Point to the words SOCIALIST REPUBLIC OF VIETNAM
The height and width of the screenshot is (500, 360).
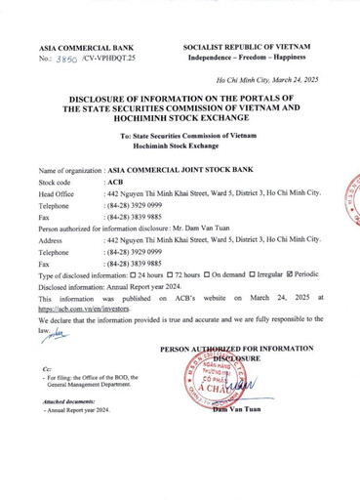[x=246, y=47]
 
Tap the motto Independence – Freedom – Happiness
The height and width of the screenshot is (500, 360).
[x=246, y=58]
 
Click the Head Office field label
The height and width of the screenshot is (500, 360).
[x=57, y=194]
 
